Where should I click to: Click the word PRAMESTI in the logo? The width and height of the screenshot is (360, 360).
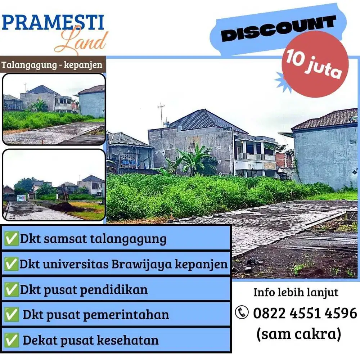[x=53, y=22]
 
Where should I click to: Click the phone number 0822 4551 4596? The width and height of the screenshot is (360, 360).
[x=305, y=313]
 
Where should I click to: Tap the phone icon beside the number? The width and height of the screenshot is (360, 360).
[x=242, y=312]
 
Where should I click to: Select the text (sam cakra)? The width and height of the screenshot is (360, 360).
[x=298, y=334]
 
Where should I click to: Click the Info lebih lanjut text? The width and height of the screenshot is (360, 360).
[x=296, y=292]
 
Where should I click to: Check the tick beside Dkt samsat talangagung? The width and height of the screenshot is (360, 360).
[x=12, y=239]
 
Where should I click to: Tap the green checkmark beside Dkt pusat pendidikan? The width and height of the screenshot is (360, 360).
[x=12, y=290]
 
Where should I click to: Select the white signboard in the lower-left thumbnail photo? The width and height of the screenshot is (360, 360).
[x=21, y=198]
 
